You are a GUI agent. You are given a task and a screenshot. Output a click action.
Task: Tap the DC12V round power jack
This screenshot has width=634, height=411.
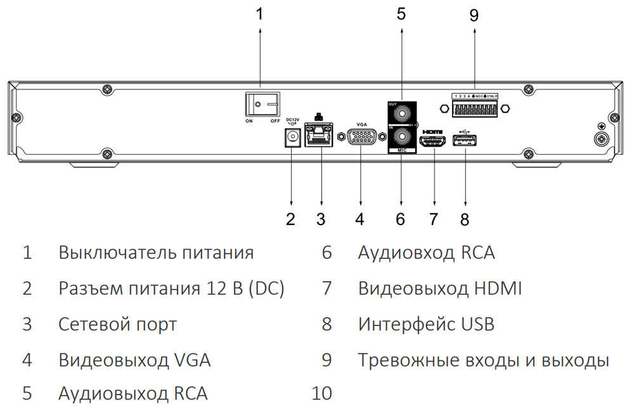tap(292, 137)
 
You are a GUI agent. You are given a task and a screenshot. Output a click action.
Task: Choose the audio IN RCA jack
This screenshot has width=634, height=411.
tap(401, 136)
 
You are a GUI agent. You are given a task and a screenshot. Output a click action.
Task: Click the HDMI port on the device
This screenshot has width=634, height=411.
tap(433, 141)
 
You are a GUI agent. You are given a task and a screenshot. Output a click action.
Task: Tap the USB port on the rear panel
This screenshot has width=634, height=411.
tap(465, 141)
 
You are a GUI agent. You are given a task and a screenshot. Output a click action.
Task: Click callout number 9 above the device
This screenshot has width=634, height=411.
tap(474, 15)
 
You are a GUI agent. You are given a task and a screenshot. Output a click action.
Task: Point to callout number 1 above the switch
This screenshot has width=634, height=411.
tap(259, 15)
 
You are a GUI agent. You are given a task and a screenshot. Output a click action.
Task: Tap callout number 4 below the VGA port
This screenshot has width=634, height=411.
tap(360, 219)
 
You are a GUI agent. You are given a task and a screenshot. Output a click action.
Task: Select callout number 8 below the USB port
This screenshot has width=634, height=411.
tap(465, 219)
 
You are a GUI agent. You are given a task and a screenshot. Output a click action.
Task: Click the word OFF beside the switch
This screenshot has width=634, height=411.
tap(275, 121)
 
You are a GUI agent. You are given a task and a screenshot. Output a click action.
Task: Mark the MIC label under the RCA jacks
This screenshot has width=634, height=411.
tap(401, 151)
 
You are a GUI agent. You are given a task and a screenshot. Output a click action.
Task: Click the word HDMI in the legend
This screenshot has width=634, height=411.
tap(498, 289)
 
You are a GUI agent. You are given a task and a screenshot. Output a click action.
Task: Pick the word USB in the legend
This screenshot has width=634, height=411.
tap(476, 325)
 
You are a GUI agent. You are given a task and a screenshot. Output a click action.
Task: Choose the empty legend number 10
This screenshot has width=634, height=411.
tap(322, 393)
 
